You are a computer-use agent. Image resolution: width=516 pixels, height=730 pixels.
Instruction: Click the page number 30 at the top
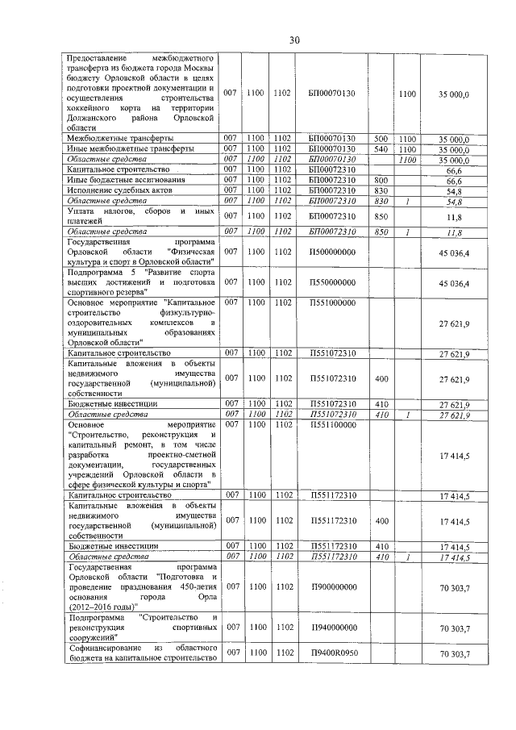pyautogui.click(x=294, y=40)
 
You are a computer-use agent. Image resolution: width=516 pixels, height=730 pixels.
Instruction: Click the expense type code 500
pyautogui.click(x=381, y=139)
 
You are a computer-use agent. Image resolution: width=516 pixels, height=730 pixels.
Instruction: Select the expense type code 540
pyautogui.click(x=381, y=149)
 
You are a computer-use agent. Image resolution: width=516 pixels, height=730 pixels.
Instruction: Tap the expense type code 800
pyautogui.click(x=381, y=180)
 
